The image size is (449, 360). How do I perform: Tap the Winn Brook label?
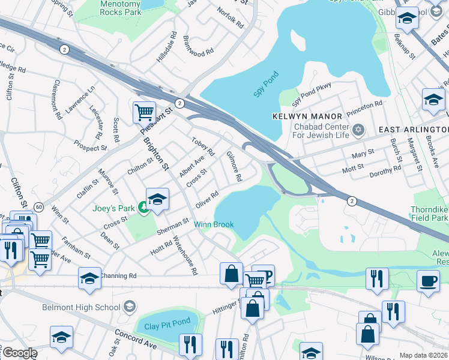pyautogui.click(x=214, y=225)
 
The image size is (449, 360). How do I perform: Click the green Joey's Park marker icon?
pyautogui.click(x=143, y=208)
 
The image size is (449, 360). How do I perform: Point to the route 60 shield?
pyautogui.click(x=38, y=207)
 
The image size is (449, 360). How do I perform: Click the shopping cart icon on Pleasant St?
pyautogui.click(x=144, y=112)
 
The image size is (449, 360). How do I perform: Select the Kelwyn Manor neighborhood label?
pyautogui.click(x=307, y=116)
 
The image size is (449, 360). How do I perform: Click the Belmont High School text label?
pyautogui.click(x=81, y=308)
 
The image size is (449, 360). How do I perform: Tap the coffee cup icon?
pyautogui.click(x=428, y=281)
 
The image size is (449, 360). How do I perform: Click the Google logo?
pyautogui.click(x=19, y=353)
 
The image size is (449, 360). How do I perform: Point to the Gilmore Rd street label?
pyautogui.click(x=234, y=166)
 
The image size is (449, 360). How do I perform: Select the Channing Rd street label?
pyautogui.click(x=119, y=276)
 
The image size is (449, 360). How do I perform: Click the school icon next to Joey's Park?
pyautogui.click(x=157, y=199)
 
